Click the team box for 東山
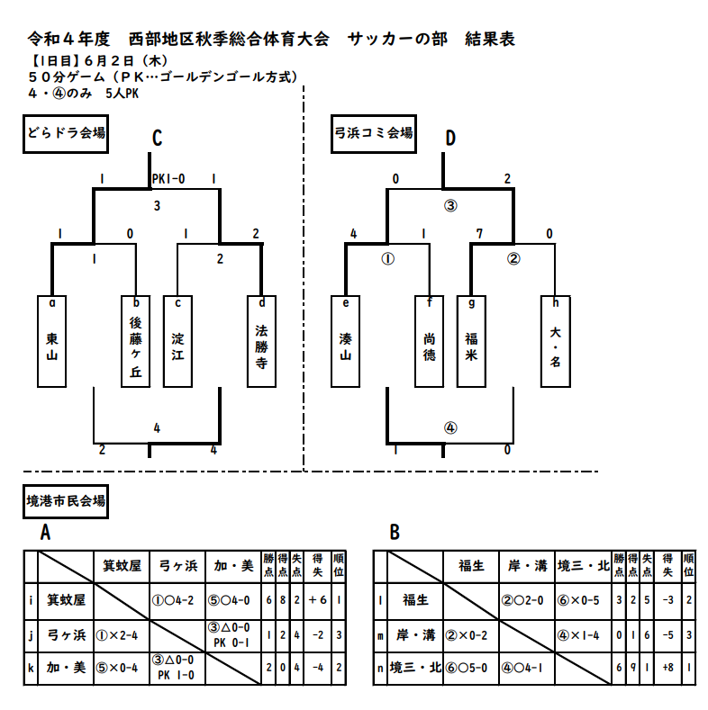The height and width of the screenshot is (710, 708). click(51, 341)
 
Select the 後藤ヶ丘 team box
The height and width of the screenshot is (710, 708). click(135, 341)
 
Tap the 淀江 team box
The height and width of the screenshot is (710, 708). click(177, 341)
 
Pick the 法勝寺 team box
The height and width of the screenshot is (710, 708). click(261, 341)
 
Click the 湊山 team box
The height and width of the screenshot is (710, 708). click(345, 341)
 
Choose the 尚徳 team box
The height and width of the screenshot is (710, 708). click(430, 341)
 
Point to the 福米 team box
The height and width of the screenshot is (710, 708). click(471, 341)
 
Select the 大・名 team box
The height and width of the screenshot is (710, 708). click(556, 341)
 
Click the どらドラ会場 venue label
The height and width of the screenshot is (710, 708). click(66, 134)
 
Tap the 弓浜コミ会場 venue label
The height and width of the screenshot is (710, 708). click(374, 134)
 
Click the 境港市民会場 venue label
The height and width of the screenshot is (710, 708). click(66, 501)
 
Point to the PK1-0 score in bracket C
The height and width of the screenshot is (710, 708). click(168, 179)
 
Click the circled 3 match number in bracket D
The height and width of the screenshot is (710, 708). click(450, 206)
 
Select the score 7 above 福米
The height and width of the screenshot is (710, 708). click(479, 234)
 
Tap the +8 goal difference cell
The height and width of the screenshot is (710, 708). click(667, 668)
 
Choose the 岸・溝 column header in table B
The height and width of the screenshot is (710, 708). click(527, 566)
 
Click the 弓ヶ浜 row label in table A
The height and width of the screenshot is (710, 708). click(66, 635)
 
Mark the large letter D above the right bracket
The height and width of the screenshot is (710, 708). click(450, 138)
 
